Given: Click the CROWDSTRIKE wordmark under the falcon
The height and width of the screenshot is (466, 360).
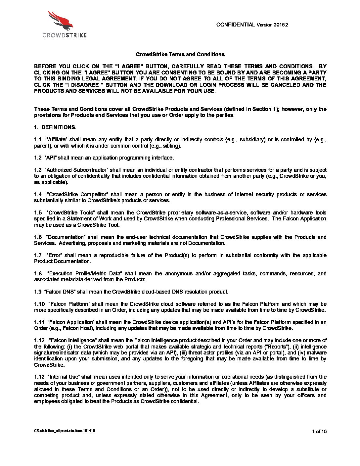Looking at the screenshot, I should coord(65,35).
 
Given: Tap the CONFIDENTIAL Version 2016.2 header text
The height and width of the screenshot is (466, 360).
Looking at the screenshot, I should coord(252,24).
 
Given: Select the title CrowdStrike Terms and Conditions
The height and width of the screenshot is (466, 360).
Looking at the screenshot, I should coord(180,55).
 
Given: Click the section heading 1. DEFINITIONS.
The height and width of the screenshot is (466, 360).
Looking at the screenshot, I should coord(55,127).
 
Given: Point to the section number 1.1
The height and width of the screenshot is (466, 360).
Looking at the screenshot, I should coord(38,140).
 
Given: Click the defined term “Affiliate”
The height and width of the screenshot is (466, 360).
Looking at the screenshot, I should coord(58,140).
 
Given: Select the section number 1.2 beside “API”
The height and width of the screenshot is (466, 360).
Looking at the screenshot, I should coord(38,158).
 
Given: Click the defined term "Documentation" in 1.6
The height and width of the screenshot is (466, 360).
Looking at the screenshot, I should coord(66,237).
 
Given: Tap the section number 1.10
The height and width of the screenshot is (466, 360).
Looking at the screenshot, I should coord(39,304).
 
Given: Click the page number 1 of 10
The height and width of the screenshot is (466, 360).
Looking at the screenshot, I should coord(319,431).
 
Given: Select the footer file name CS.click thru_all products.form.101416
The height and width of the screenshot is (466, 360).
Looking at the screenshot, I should coord(65,431).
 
